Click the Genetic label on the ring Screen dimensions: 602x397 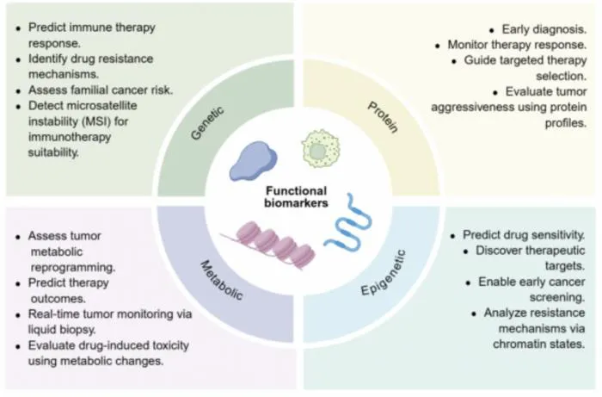207,123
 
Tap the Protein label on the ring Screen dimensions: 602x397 383,117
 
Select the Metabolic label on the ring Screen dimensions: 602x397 222,280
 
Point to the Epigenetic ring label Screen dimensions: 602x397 384,272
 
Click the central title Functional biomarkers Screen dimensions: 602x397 296,196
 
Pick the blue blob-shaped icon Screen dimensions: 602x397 253,161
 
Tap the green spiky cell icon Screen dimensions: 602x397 321,149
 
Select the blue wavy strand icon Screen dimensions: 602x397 347,226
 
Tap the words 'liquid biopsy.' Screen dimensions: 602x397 62,329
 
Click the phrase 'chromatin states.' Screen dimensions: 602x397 538,344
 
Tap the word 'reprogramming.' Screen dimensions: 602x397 73,268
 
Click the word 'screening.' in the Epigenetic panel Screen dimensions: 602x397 557,297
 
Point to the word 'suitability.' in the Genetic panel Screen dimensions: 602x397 53,152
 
